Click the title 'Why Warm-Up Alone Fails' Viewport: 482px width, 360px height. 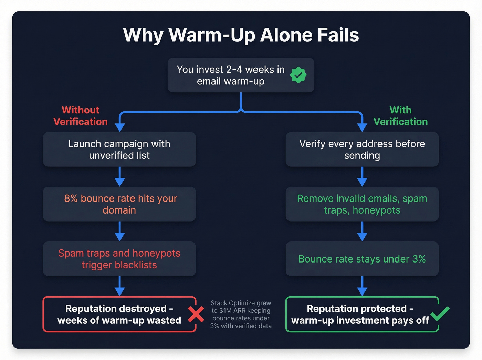(241, 35)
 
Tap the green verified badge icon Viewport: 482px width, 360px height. (298, 75)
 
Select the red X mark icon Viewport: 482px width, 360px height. (196, 314)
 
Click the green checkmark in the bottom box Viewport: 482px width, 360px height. (440, 313)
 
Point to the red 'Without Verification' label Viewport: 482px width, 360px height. (81, 116)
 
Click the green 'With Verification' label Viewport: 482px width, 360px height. (400, 116)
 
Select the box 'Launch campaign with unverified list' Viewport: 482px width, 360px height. (119, 150)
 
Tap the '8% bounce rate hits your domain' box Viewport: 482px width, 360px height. (119, 204)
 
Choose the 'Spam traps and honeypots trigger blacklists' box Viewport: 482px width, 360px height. (119, 259)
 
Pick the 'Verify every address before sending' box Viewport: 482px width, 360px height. (362, 150)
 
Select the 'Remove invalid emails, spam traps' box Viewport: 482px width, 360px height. (362, 204)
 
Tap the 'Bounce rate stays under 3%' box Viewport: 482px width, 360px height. (362, 259)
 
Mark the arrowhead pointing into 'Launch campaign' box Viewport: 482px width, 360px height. (120, 127)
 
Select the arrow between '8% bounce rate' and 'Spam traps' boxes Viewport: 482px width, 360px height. (120, 232)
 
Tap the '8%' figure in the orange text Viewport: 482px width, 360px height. (71, 198)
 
